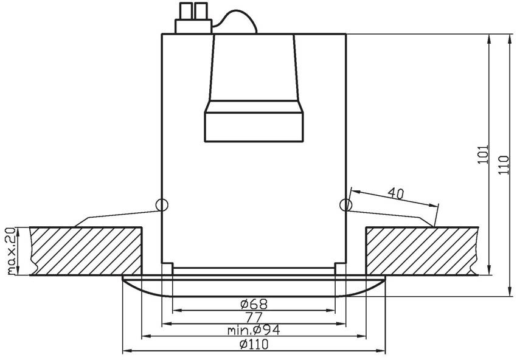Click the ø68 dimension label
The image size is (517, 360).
(x=254, y=304)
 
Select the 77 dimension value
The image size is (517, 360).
(x=254, y=318)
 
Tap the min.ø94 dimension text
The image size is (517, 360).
(x=254, y=330)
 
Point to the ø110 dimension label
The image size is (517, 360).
(x=254, y=345)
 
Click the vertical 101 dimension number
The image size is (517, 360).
(x=483, y=154)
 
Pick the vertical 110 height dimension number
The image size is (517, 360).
(x=504, y=165)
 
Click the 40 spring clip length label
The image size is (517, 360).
(x=396, y=193)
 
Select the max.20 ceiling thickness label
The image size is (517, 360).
(x=11, y=251)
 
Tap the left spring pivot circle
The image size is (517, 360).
(x=162, y=205)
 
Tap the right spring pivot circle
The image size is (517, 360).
(x=346, y=205)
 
